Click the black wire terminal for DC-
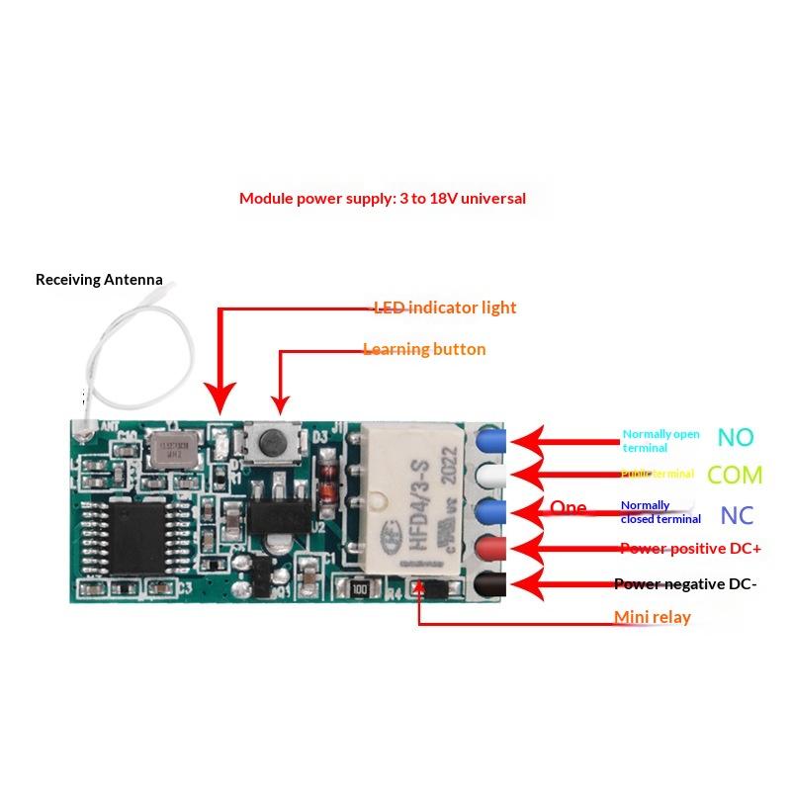point(489,584)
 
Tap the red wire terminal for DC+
point(489,548)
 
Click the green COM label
point(736,476)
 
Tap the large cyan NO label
point(736,437)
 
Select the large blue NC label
point(738,515)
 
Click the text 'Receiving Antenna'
point(99,280)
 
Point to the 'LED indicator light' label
point(445,308)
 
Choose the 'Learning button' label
point(424,349)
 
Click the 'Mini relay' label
point(653,618)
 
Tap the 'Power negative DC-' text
point(685,584)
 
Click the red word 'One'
point(569,508)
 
